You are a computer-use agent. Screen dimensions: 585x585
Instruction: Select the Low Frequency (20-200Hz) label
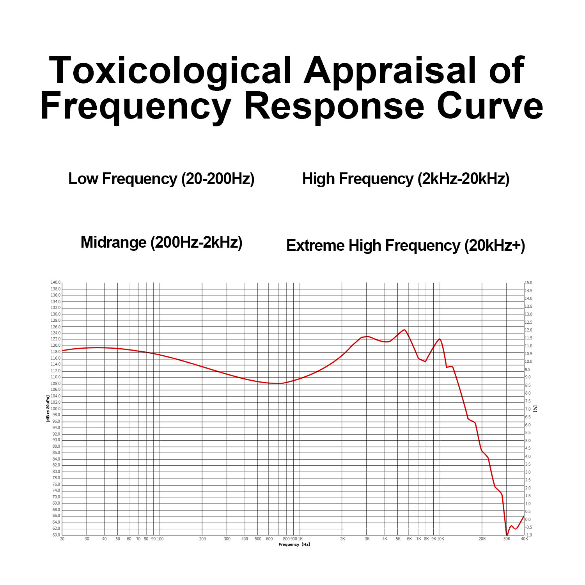(161, 179)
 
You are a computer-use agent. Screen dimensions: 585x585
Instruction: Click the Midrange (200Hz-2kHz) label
(161, 242)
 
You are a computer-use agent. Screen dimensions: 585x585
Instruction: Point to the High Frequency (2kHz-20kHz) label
(406, 179)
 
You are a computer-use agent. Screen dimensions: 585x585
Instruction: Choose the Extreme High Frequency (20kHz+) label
(406, 246)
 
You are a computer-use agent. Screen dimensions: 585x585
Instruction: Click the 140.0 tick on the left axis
(55, 282)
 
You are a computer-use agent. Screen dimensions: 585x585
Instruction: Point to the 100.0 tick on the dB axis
(55, 409)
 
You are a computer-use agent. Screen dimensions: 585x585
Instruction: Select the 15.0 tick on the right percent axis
(528, 283)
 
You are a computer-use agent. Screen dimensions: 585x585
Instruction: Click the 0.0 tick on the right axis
(528, 519)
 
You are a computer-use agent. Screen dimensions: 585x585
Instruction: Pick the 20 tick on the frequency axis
(62, 539)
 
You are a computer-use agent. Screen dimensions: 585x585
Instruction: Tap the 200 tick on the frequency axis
(202, 539)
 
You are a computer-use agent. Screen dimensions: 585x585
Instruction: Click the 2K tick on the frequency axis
(342, 539)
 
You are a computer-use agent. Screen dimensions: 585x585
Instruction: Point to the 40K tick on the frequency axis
(524, 539)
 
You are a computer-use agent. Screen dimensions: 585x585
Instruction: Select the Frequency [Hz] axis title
(294, 544)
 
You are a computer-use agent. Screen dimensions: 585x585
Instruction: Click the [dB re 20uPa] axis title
(48, 408)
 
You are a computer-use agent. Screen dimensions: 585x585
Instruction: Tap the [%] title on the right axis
(535, 408)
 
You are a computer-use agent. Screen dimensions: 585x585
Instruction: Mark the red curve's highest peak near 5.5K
(404, 330)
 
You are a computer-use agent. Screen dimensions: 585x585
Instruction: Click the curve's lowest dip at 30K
(507, 535)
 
